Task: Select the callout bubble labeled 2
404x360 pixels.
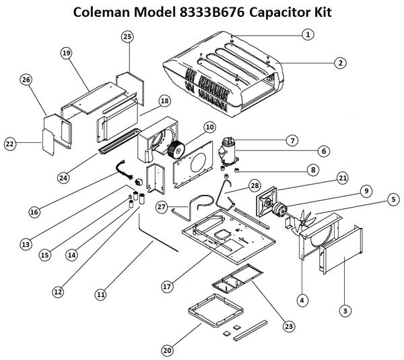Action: point(341,63)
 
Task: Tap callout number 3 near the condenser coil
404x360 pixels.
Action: point(345,311)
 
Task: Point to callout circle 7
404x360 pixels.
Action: point(291,140)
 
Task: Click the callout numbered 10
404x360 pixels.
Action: point(209,127)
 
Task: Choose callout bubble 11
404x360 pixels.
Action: point(101,294)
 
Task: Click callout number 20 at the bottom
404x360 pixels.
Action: point(166,349)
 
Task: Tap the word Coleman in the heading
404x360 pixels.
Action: point(110,12)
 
